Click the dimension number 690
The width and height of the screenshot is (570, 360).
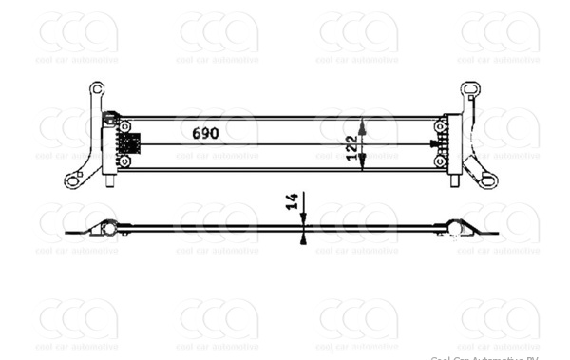click(205, 133)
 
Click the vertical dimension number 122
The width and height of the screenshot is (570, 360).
click(351, 148)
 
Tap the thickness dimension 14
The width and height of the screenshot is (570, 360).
click(292, 200)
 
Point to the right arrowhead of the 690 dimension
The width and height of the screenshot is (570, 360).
click(436, 144)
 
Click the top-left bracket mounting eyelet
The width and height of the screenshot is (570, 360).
click(96, 88)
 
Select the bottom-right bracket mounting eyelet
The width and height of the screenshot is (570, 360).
click(489, 180)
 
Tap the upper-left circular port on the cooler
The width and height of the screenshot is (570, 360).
click(124, 126)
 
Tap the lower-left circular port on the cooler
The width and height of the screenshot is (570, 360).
click(124, 161)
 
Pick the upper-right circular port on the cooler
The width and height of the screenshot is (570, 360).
click(440, 126)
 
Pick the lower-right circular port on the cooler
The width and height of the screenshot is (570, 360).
click(440, 161)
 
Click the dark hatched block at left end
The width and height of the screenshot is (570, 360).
click(128, 143)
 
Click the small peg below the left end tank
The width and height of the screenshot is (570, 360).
click(109, 180)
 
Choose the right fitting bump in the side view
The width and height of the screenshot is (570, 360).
click(458, 227)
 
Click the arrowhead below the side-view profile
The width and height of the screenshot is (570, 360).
click(302, 239)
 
